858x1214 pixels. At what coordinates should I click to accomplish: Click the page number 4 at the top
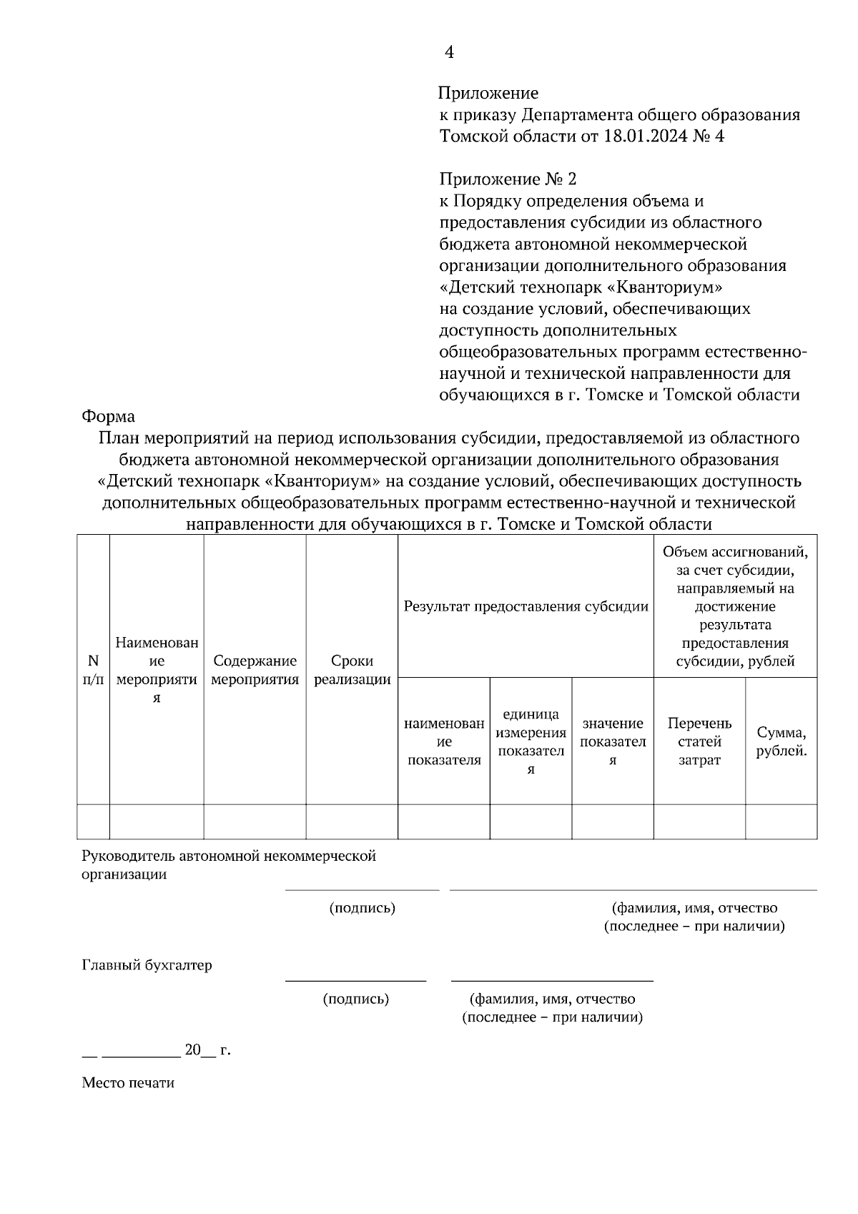pyautogui.click(x=449, y=52)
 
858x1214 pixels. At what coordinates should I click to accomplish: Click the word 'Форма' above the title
pyautogui.click(x=108, y=415)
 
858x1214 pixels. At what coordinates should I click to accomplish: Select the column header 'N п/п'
pyautogui.click(x=93, y=670)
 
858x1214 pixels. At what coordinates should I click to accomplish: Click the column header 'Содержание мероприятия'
pyautogui.click(x=255, y=670)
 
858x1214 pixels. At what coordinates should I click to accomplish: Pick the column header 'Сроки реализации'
pyautogui.click(x=352, y=670)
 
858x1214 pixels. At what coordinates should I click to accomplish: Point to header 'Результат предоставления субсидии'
pyautogui.click(x=526, y=607)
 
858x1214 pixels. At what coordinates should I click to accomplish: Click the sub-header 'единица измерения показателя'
pyautogui.click(x=531, y=741)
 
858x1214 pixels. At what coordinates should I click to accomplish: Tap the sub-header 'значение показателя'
pyautogui.click(x=613, y=741)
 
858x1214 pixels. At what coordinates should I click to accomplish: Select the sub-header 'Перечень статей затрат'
pyautogui.click(x=699, y=741)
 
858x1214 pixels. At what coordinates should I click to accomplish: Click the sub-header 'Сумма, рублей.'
pyautogui.click(x=781, y=741)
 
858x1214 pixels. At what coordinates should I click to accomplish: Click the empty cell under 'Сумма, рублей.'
pyautogui.click(x=781, y=821)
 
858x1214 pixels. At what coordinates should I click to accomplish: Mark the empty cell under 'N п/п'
pyautogui.click(x=93, y=821)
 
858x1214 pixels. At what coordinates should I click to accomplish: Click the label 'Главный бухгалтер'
pyautogui.click(x=147, y=965)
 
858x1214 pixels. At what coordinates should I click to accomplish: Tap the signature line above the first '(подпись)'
pyautogui.click(x=362, y=890)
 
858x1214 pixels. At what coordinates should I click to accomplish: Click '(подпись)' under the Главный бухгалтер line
pyautogui.click(x=355, y=999)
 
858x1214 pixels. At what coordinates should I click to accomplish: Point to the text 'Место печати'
pyautogui.click(x=128, y=1082)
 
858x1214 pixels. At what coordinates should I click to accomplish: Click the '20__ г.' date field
pyautogui.click(x=207, y=1050)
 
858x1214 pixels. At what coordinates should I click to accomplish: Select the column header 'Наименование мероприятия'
pyautogui.click(x=157, y=670)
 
